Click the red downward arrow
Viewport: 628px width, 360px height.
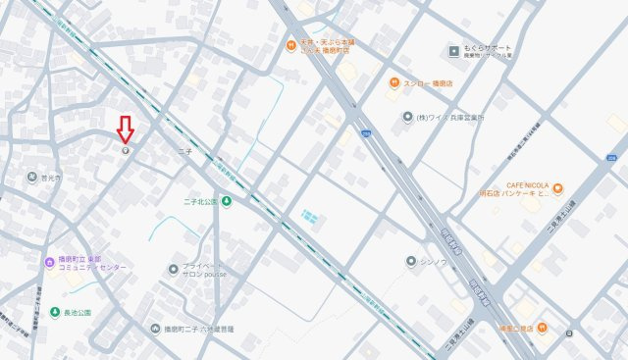125,129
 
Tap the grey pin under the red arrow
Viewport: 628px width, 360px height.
125,150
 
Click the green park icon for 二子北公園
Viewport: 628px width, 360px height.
227,202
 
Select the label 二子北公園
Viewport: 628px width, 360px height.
200,202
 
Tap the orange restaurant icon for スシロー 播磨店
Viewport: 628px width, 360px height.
392,83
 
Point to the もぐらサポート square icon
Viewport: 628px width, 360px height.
453,50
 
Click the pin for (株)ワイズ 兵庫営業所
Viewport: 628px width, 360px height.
406,118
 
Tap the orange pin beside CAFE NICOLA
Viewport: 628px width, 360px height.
557,187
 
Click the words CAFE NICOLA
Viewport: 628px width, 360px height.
528,183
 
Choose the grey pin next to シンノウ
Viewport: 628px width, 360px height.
411,261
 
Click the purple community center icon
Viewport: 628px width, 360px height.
50,262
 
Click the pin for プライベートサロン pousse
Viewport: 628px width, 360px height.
174,269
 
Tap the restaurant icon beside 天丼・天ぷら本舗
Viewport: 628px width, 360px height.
290,45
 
